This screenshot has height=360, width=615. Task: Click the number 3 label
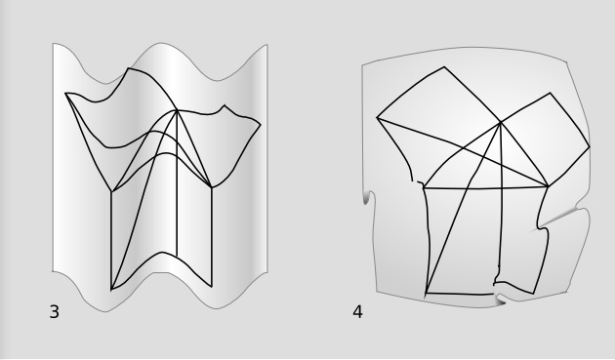point(55,312)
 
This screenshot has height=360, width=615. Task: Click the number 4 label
point(357,312)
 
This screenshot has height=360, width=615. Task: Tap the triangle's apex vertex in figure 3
point(178,110)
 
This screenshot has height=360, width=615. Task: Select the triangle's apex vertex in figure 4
point(501,123)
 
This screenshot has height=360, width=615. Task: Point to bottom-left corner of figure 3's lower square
point(112,290)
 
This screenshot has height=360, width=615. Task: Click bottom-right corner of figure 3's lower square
point(212,287)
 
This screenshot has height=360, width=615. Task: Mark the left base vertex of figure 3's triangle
point(112,191)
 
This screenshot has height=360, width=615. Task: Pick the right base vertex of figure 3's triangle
point(212,187)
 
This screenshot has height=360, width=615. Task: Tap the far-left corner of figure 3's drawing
point(65,94)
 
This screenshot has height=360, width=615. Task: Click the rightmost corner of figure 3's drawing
point(261,125)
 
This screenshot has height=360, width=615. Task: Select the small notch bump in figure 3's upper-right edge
point(225,106)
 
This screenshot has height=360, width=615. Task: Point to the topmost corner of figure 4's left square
point(444,67)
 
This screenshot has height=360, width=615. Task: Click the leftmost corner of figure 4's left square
point(377,117)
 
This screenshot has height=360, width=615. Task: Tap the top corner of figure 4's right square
point(550,93)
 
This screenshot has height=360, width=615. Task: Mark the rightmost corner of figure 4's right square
point(590,147)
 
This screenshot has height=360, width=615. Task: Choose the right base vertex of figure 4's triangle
point(548,186)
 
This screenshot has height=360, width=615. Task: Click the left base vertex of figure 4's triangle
point(424,188)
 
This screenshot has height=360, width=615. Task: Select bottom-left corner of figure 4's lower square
point(426,293)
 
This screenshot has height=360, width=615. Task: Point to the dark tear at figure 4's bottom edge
point(499,300)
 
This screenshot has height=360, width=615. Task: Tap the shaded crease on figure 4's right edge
point(559,218)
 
